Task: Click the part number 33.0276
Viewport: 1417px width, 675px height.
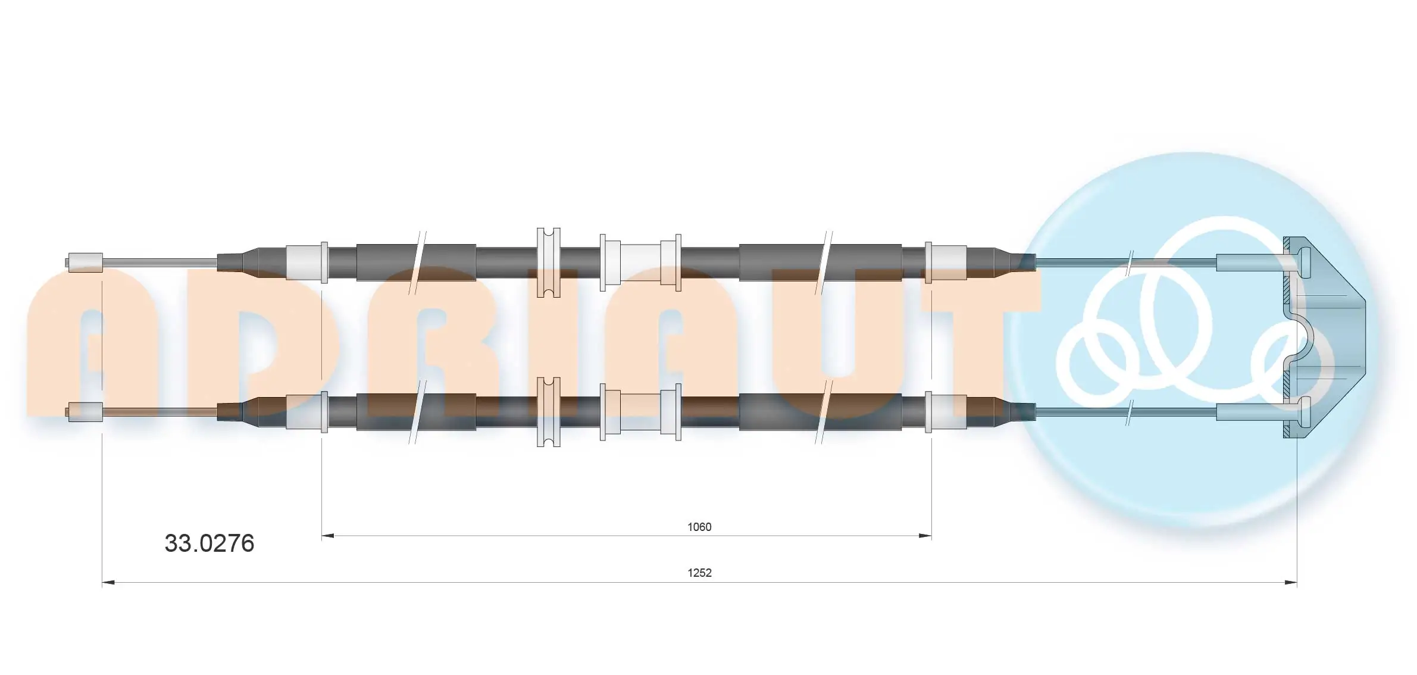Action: point(209,543)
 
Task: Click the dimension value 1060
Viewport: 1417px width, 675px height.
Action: point(699,527)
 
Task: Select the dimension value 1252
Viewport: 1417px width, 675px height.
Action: point(699,573)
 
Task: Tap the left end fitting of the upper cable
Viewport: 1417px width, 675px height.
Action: point(85,262)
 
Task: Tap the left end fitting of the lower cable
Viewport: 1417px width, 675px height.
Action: point(85,411)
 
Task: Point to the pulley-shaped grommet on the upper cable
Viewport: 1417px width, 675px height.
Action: point(548,262)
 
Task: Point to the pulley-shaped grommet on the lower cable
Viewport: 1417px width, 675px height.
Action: point(548,411)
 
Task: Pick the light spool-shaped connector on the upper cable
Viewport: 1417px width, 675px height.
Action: point(640,262)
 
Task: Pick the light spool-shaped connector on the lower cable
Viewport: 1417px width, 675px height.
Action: point(640,411)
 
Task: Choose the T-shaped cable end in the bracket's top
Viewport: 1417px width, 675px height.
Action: point(1297,262)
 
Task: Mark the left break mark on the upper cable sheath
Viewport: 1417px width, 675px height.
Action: point(417,262)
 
